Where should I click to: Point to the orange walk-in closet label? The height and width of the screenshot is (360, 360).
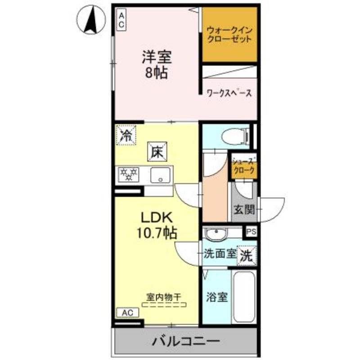(229, 35)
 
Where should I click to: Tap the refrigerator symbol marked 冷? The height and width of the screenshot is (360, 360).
(125, 135)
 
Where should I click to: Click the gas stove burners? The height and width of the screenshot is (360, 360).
(129, 175)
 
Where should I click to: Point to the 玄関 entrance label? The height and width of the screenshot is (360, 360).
(244, 209)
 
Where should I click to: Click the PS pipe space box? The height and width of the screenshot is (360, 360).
(251, 232)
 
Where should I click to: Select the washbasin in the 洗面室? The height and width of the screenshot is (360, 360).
(216, 234)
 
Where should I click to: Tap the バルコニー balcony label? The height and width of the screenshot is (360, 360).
(185, 341)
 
